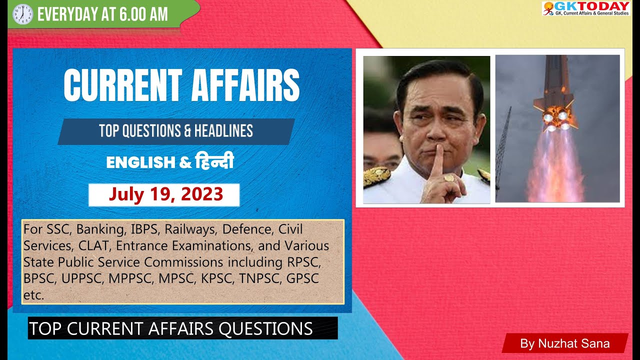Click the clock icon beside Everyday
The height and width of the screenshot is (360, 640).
22,14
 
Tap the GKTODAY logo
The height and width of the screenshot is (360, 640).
585,8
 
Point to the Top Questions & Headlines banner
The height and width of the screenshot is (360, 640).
176,131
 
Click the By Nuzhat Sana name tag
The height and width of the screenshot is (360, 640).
564,343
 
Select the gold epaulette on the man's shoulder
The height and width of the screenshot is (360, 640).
376,176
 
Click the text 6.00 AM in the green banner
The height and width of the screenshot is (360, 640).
144,14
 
